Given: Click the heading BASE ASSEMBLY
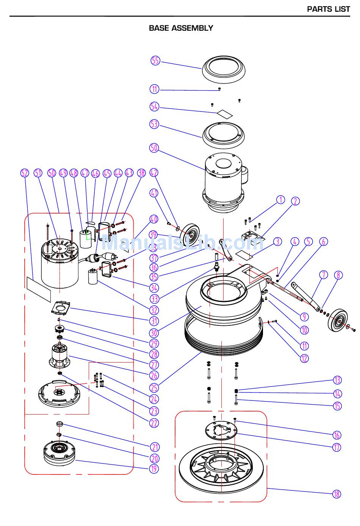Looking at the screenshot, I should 181,28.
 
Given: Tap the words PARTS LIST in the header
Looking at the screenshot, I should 328,9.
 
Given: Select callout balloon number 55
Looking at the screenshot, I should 155,61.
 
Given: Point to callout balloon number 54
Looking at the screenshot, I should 154,107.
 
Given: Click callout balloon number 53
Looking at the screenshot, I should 154,124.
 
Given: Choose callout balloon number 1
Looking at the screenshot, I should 280,200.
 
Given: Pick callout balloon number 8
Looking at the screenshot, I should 338,275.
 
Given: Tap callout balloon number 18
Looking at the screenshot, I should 337,494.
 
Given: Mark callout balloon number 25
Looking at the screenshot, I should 154,388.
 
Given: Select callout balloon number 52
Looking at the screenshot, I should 24,173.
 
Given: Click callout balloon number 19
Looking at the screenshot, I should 153,469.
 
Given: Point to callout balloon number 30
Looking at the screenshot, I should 154,333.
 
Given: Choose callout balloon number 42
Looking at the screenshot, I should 154,173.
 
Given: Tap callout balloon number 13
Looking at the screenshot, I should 337,380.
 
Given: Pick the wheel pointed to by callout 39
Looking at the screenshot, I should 191,235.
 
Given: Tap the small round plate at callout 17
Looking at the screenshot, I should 221,431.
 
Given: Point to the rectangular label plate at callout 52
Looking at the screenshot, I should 38,288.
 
